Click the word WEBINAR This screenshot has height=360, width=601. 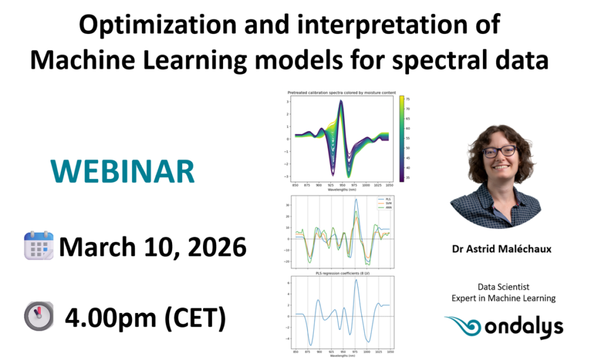[x=127, y=171]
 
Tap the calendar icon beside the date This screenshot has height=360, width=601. [x=39, y=246]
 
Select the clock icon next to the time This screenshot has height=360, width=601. [x=39, y=317]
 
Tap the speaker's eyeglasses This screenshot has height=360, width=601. [x=499, y=151]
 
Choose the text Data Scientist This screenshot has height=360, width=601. [x=503, y=287]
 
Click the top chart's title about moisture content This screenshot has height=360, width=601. [x=341, y=93]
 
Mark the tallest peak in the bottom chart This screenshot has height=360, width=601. [x=356, y=280]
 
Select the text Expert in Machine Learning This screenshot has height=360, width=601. [x=503, y=298]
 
